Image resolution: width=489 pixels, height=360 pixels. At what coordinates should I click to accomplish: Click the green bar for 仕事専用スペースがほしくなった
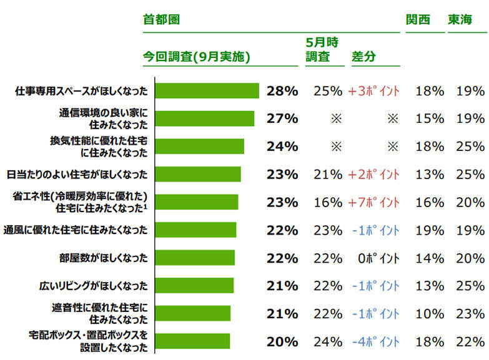click(x=206, y=91)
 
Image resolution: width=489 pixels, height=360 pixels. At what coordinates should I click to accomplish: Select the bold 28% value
click(x=282, y=91)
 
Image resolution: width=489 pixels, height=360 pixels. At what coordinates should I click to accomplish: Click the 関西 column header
click(x=418, y=19)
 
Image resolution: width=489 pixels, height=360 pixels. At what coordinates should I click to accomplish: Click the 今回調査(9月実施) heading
click(x=196, y=56)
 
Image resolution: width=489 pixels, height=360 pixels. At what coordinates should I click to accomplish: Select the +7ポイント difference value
click(x=373, y=202)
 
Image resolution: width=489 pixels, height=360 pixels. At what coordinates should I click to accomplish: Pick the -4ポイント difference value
click(x=375, y=341)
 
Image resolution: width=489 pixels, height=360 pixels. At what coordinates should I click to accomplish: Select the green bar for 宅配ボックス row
click(x=192, y=341)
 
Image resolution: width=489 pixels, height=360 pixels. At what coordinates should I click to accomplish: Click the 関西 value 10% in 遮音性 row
click(x=430, y=314)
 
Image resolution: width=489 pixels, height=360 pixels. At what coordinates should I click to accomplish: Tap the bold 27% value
click(x=282, y=119)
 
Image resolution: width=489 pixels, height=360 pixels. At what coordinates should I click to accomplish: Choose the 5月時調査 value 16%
click(x=328, y=202)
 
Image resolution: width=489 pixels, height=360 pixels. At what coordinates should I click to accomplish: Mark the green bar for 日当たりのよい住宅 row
click(x=197, y=175)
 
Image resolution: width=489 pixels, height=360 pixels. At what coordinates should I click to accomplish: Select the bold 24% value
click(x=282, y=147)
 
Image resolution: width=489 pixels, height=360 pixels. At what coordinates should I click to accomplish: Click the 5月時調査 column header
click(x=322, y=48)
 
